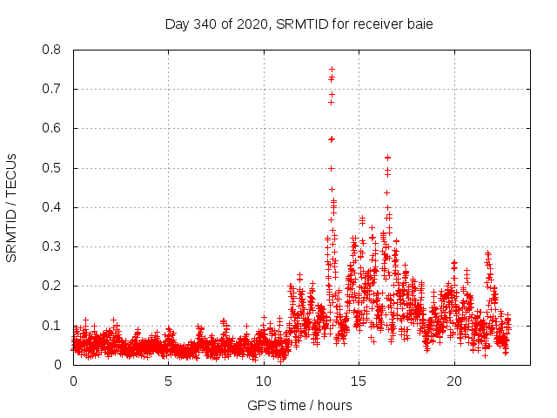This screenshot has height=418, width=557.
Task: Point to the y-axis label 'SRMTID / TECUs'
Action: (x=12, y=207)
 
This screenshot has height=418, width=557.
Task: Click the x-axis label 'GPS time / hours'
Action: (x=299, y=405)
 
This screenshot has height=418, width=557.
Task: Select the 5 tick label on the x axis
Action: (x=168, y=381)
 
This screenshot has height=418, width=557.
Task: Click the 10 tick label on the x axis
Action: (x=263, y=381)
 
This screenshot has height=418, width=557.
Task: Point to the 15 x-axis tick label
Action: (x=358, y=381)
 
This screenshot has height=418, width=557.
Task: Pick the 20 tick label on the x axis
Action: (x=453, y=381)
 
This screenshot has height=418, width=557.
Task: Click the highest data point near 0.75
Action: (x=332, y=69)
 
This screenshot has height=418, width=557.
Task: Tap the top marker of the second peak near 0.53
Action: (x=387, y=157)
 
